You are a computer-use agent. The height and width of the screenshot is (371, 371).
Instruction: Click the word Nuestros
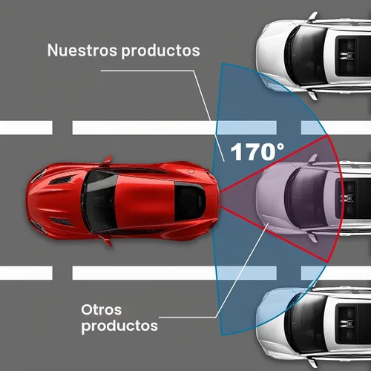(82, 50)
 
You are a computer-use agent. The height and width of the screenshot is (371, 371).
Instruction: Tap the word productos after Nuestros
(160, 51)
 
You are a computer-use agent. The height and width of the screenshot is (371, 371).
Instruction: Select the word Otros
(102, 309)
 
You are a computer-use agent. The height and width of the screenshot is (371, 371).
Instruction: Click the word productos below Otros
(119, 326)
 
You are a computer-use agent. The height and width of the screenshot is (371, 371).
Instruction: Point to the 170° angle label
(257, 151)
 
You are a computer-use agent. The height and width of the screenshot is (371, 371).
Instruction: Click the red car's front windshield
(100, 201)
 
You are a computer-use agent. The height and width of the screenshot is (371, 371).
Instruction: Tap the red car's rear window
(190, 201)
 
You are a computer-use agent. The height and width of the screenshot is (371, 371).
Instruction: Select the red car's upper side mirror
(108, 160)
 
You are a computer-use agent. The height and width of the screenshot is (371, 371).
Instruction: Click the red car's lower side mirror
(108, 242)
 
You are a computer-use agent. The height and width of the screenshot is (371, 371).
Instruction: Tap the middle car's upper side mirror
(313, 159)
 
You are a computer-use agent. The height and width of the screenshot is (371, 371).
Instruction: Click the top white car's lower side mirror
(313, 95)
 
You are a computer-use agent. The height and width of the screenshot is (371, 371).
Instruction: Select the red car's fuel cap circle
(191, 171)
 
